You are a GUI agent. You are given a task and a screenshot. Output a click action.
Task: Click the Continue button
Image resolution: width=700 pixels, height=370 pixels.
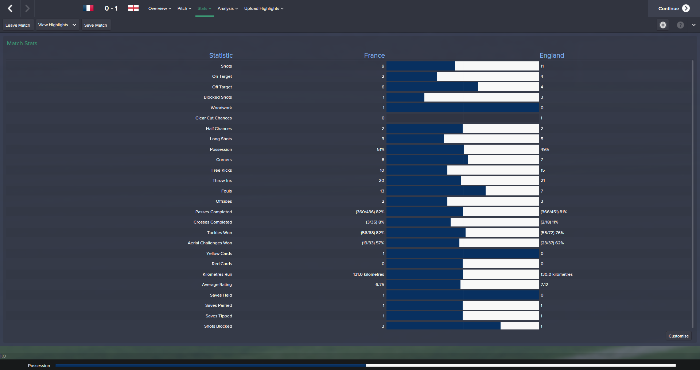[673, 8]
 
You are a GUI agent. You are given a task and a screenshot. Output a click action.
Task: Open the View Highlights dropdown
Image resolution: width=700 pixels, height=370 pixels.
[57, 25]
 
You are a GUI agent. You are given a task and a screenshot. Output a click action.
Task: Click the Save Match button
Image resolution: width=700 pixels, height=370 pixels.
[96, 25]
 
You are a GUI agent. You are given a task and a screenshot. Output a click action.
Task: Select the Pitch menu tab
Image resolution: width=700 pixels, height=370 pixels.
[184, 8]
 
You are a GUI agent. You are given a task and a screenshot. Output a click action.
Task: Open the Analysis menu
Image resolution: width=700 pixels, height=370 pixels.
[227, 8]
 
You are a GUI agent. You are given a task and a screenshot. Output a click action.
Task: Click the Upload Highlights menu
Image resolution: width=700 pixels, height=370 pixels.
[264, 8]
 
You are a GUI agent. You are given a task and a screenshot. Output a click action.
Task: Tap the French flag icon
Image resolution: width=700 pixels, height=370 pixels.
[88, 8]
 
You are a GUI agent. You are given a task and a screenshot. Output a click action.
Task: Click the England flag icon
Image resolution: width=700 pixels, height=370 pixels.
[133, 8]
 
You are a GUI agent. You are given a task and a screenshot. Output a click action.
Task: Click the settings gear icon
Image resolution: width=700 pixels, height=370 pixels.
[663, 25]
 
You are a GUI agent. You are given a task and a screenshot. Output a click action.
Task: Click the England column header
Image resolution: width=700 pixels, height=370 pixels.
[552, 56]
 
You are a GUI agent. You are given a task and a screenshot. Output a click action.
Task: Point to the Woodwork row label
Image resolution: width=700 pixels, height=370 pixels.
[221, 108]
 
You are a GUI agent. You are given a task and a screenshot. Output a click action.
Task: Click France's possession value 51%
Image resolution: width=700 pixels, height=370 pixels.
[380, 149]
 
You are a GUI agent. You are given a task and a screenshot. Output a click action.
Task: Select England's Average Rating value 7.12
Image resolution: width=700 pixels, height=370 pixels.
[544, 285]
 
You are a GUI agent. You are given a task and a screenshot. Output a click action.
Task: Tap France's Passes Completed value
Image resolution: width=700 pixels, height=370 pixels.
[370, 212]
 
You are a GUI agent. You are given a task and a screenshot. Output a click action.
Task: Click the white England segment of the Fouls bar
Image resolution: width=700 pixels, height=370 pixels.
[512, 191]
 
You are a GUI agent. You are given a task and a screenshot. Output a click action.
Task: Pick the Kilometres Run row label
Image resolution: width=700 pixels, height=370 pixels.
[217, 274]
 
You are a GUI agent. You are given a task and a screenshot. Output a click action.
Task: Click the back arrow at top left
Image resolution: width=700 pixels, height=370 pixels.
[10, 8]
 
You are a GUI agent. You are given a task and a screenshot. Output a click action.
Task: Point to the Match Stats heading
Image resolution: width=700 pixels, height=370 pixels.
[22, 43]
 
